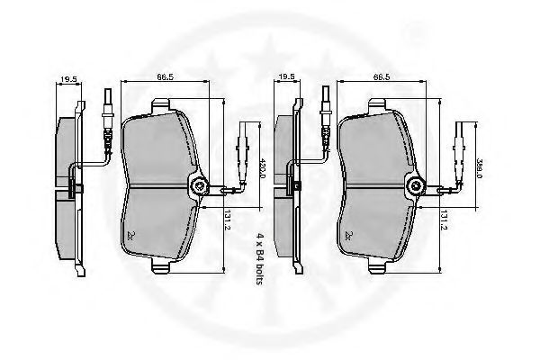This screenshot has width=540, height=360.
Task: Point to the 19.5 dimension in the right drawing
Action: pyautogui.click(x=287, y=80)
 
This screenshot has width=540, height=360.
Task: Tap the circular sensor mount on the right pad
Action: pyautogui.click(x=417, y=186)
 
